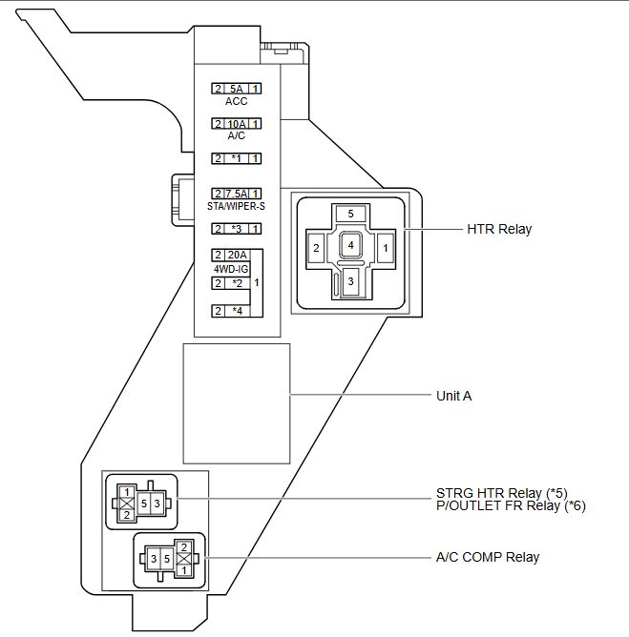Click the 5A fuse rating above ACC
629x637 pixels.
[x=236, y=89]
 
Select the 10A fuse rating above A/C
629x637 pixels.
[x=237, y=124]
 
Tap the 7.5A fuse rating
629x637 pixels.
[x=237, y=194]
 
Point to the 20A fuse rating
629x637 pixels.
[x=237, y=255]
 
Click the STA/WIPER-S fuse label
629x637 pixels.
[x=236, y=206]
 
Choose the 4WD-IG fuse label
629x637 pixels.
[x=231, y=269]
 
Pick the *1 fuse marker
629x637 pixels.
[x=237, y=158]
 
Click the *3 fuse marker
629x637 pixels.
[x=237, y=229]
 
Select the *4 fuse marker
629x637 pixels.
[x=237, y=311]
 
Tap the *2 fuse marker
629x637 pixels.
[x=237, y=283]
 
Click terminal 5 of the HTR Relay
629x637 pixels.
[x=351, y=214]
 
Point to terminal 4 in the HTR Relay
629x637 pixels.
[x=350, y=245]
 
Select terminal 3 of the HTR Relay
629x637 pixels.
[x=351, y=281]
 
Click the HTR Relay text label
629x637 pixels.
[x=499, y=229]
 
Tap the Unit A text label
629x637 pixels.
[x=453, y=396]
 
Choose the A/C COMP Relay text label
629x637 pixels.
[x=488, y=557]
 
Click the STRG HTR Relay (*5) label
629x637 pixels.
[x=501, y=493]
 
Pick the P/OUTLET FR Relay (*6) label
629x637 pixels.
[x=511, y=505]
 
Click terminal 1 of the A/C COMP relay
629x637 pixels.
[x=184, y=570]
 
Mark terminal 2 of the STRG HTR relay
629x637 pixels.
[x=127, y=515]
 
